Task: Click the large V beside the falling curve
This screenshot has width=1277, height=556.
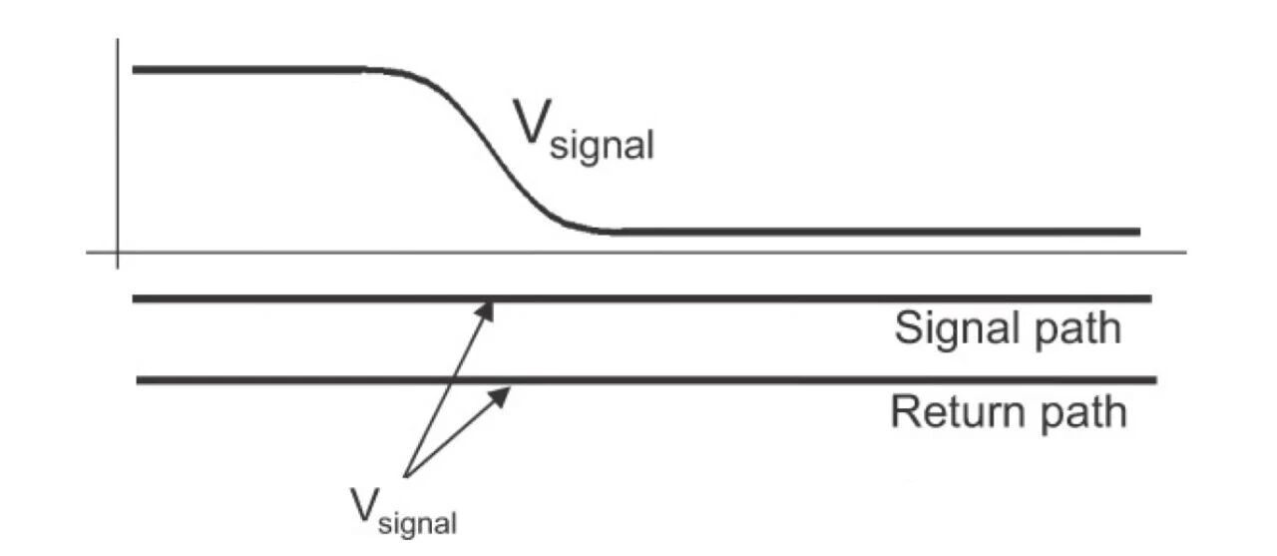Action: [532, 122]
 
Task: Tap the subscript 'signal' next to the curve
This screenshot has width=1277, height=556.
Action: [602, 147]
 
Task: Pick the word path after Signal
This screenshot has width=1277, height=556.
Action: [1077, 330]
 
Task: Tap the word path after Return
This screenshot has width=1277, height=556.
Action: [1083, 414]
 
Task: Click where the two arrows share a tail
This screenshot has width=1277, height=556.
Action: [405, 476]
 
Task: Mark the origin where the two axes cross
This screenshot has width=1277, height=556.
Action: [118, 253]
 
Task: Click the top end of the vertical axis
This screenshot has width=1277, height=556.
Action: [118, 39]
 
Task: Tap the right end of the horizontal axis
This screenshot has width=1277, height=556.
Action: [1186, 253]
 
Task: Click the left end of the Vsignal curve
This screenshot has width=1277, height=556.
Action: [133, 70]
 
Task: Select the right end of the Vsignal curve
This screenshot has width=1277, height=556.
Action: [1139, 232]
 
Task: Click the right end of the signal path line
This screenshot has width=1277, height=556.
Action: [1151, 298]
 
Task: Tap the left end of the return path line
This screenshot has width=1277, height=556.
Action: [137, 380]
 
